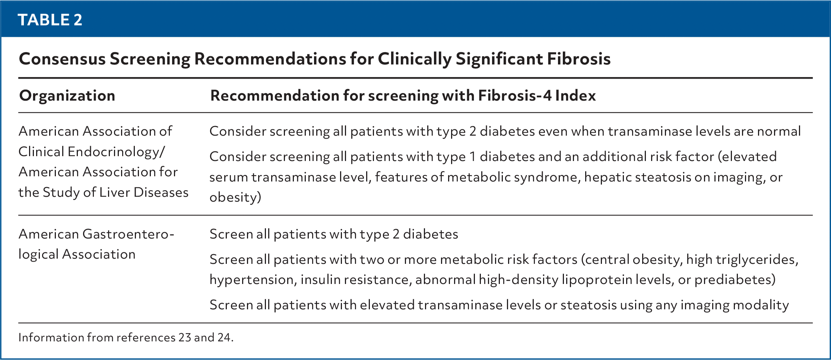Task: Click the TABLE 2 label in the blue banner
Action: (50, 20)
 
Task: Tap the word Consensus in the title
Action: (62, 59)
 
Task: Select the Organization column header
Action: (67, 96)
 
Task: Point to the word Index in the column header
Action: (575, 95)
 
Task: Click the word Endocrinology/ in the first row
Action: (116, 152)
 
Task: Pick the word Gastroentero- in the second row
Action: (128, 234)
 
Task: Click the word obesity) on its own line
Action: (235, 197)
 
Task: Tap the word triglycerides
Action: (753, 260)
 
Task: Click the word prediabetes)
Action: (735, 280)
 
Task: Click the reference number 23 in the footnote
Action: (185, 337)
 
